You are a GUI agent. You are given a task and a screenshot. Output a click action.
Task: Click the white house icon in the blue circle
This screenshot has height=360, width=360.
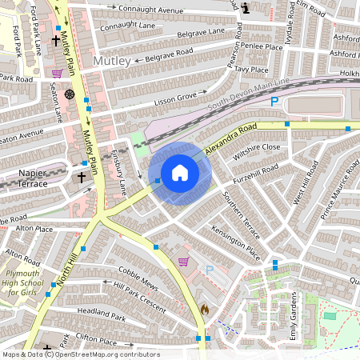(x=180, y=173)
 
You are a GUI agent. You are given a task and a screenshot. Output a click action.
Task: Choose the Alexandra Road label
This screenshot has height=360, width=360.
(x=230, y=138)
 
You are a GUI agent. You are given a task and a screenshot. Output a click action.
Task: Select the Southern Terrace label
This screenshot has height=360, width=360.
(x=241, y=215)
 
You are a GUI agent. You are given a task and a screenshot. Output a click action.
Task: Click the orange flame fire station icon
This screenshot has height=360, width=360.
(x=204, y=309)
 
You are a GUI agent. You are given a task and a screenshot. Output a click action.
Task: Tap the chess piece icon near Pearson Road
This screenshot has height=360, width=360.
(x=245, y=7)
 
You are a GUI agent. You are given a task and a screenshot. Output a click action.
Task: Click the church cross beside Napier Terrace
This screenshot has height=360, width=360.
(x=81, y=177)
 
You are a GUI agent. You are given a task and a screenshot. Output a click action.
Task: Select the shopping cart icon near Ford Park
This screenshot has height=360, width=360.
(x=57, y=73)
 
